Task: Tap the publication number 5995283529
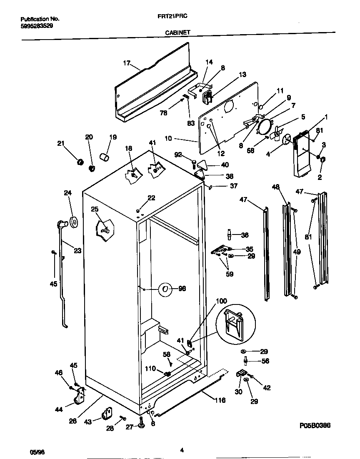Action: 36,25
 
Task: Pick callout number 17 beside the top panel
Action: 127,63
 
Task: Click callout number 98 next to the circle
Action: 182,289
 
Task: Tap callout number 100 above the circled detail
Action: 222,301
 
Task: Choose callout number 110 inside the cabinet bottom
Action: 150,368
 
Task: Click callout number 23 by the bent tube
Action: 77,251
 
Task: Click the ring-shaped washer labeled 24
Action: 74,222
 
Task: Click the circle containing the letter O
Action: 165,289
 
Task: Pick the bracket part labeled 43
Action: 107,414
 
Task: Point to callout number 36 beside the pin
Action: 245,235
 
